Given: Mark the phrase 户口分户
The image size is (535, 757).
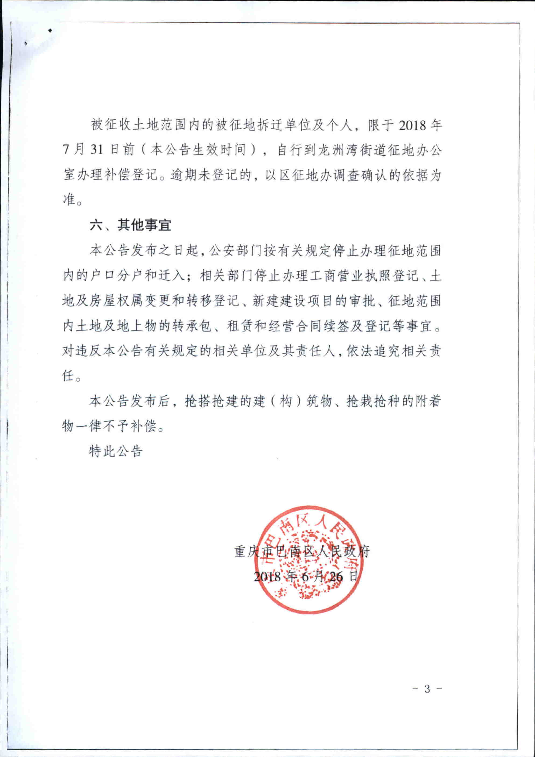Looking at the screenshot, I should tap(117, 276).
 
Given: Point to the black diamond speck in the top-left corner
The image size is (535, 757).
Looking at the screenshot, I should tap(50, 31).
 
